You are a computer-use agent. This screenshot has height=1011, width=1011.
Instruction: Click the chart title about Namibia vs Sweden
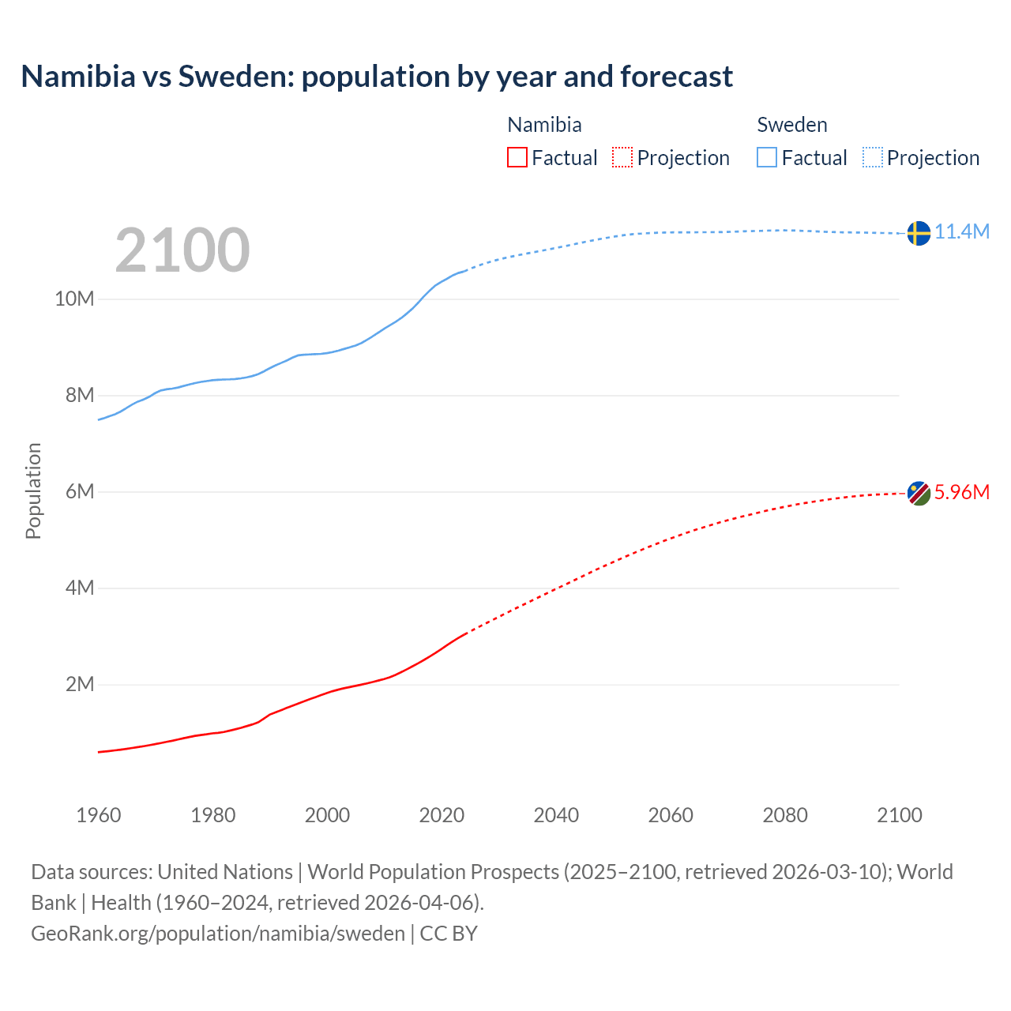point(377,77)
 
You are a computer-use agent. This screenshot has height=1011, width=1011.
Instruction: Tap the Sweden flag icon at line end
point(919,233)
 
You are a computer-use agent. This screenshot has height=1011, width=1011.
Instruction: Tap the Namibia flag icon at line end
point(919,493)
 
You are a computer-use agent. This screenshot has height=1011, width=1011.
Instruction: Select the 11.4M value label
point(962,231)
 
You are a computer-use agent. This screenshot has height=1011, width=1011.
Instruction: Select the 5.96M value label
point(962,492)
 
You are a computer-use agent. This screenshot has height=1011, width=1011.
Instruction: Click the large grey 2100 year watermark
point(182,250)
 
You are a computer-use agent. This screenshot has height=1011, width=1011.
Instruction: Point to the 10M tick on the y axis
point(74,299)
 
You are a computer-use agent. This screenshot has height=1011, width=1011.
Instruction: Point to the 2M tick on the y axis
point(79,685)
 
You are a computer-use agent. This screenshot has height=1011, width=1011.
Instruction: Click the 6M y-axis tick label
point(79,492)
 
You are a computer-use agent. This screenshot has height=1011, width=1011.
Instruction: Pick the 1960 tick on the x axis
point(99,815)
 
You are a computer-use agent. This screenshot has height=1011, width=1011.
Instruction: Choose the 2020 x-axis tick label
point(442,815)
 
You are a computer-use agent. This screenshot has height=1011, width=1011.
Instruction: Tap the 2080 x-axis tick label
point(785,815)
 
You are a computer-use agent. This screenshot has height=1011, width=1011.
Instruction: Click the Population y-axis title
point(33,490)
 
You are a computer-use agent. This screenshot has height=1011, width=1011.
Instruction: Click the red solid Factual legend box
point(517,158)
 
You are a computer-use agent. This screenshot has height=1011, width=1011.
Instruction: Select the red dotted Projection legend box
point(622,158)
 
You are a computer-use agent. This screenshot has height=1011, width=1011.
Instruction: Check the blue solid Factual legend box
point(767,158)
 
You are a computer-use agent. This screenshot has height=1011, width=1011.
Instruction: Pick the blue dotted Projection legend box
point(872,158)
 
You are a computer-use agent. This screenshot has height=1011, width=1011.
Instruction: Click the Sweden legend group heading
point(792,125)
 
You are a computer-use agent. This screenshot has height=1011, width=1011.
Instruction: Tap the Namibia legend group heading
point(544,125)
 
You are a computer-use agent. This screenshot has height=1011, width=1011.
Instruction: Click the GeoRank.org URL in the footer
point(218,934)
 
